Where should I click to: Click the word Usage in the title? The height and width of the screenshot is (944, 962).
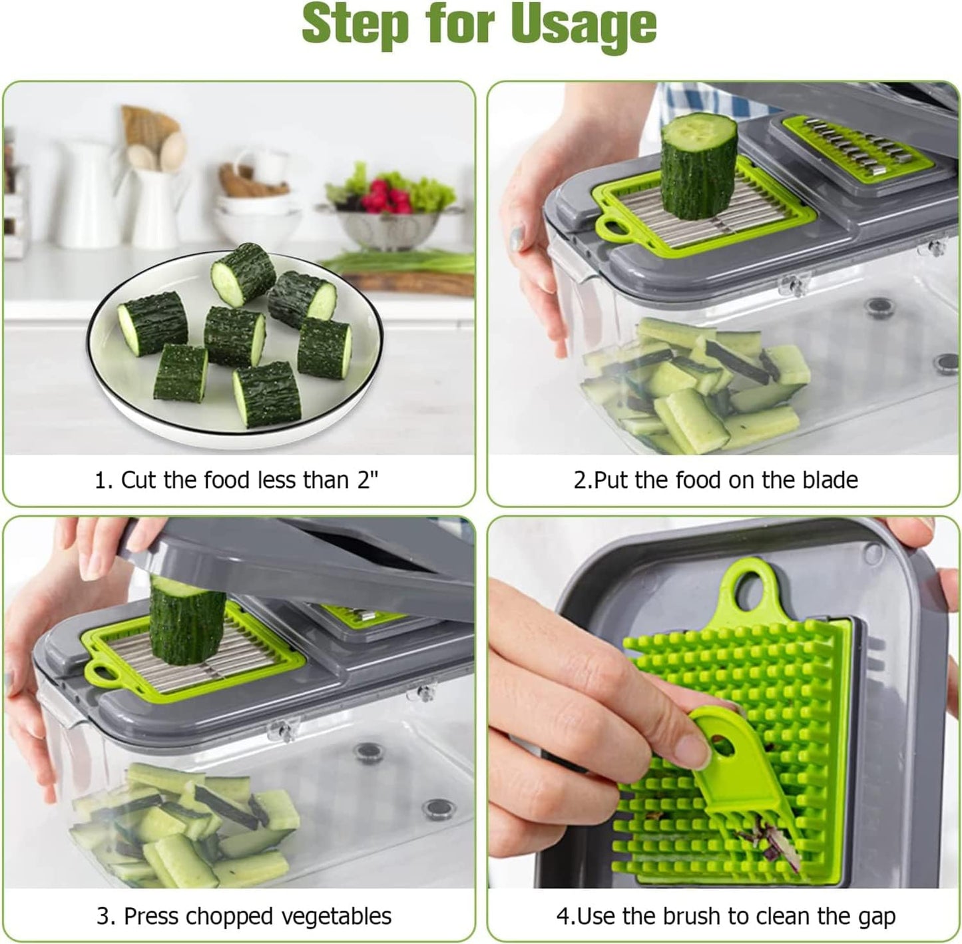pyautogui.click(x=585, y=25)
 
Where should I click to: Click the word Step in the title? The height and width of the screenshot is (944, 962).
pyautogui.click(x=354, y=24)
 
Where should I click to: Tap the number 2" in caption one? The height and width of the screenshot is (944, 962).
pyautogui.click(x=367, y=480)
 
